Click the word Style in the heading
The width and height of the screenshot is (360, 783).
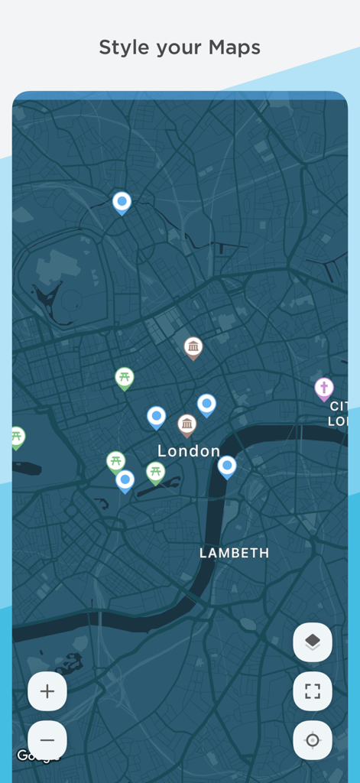click(122, 47)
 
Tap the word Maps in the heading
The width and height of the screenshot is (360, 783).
click(235, 47)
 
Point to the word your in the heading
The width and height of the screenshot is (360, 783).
click(178, 49)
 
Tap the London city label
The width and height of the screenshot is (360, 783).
click(189, 451)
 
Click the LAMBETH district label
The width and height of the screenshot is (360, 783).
click(234, 553)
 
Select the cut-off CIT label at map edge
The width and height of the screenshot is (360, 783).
click(339, 406)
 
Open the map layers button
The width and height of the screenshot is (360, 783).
click(313, 642)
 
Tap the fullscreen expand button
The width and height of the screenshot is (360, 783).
click(313, 691)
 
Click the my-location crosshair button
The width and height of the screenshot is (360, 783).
click(313, 740)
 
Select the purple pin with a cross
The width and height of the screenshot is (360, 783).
click(324, 388)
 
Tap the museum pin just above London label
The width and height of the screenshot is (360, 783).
click(187, 424)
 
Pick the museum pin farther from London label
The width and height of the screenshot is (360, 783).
click(193, 347)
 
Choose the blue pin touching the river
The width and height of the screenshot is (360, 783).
click(227, 465)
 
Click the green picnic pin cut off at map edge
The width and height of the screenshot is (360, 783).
click(17, 437)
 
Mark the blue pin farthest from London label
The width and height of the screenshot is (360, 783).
click(122, 202)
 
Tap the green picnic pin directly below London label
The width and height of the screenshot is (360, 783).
click(156, 472)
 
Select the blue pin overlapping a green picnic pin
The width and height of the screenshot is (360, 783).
click(125, 480)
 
